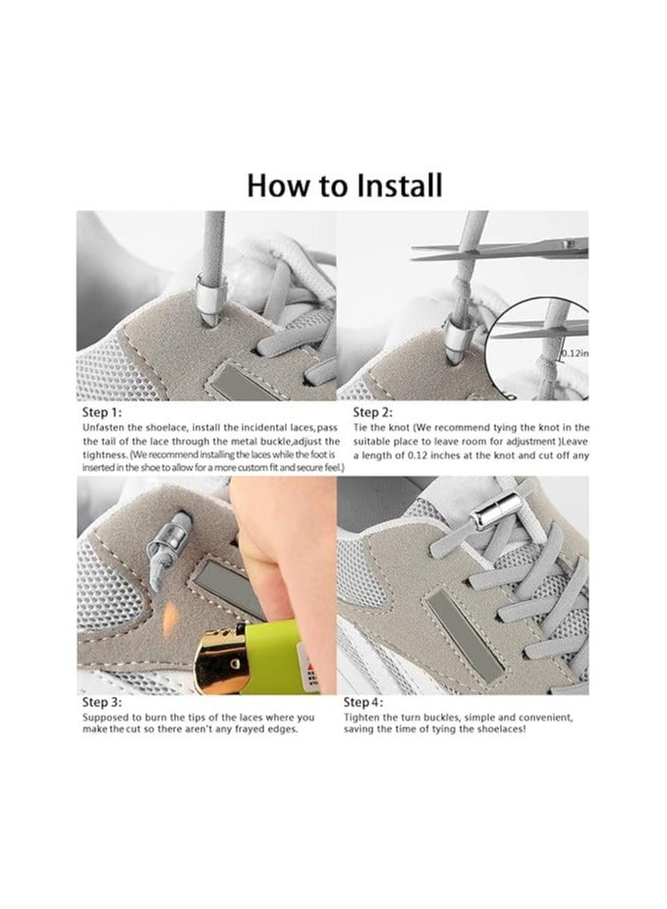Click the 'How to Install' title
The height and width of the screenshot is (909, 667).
(345, 186)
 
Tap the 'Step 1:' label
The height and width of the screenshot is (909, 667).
(102, 412)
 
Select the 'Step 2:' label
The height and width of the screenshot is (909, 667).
(373, 412)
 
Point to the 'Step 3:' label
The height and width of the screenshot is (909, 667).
(102, 702)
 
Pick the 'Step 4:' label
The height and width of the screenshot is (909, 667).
(363, 702)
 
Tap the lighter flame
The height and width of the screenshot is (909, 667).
(170, 619)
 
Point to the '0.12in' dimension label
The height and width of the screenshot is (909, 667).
(575, 353)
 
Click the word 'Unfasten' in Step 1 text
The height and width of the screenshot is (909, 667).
(103, 428)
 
